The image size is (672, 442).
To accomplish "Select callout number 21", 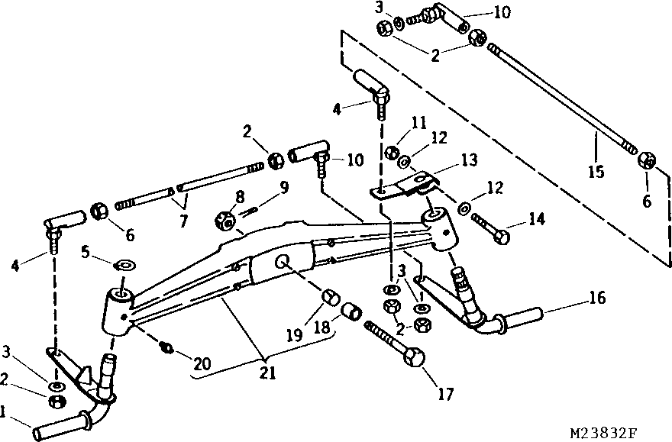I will (x=264, y=373).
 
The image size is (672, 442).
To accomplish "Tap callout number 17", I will (x=446, y=394).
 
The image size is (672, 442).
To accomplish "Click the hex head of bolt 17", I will (x=415, y=360).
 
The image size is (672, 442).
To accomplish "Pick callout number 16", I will (x=598, y=298).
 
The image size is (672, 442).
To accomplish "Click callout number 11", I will (x=418, y=121).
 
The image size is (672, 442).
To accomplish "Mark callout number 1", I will (x=5, y=412).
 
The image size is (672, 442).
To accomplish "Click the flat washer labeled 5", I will (x=124, y=266).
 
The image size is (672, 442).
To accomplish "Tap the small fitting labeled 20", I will (x=166, y=350).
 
